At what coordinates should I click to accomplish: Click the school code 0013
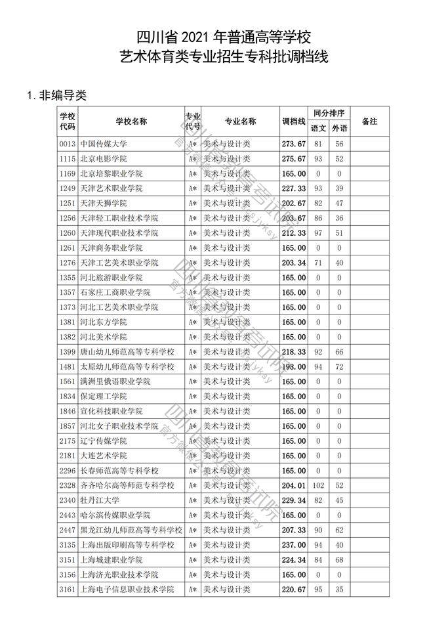(x=68, y=144)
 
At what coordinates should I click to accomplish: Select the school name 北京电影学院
(x=103, y=159)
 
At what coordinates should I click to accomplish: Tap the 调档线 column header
(x=294, y=121)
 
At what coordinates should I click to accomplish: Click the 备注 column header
(x=370, y=121)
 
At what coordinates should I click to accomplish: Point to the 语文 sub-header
(x=318, y=129)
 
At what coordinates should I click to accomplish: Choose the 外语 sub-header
(x=339, y=129)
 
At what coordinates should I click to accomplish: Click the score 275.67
(x=294, y=159)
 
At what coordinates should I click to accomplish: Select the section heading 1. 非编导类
(x=58, y=96)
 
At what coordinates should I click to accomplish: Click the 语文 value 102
(x=318, y=485)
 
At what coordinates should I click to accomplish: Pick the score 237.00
(x=294, y=545)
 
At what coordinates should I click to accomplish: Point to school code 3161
(x=68, y=590)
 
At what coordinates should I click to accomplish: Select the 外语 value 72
(x=339, y=366)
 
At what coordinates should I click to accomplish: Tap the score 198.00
(x=294, y=366)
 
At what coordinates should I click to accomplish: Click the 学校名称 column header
(x=131, y=121)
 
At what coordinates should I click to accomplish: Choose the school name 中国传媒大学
(x=103, y=144)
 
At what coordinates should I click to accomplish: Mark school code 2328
(x=68, y=485)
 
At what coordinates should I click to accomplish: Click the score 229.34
(x=294, y=500)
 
